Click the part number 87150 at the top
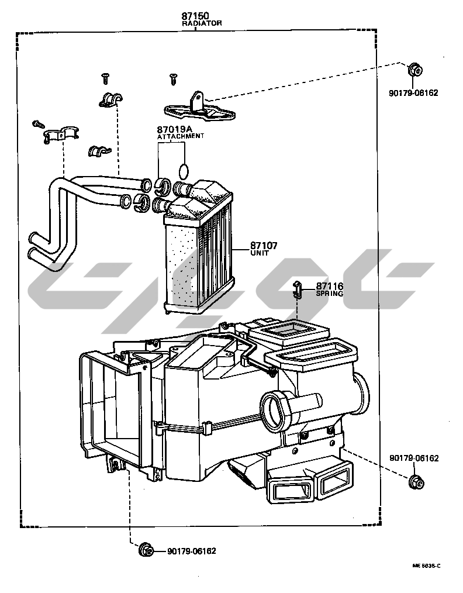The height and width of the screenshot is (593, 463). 195,16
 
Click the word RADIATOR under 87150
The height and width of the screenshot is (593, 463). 202,23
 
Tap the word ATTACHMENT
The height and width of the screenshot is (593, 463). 181,136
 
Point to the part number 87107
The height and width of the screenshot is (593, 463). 264,246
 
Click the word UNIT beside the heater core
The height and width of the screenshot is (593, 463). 260,253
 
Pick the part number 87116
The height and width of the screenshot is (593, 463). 330,287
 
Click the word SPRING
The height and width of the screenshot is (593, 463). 330,294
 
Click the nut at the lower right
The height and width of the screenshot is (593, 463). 416,482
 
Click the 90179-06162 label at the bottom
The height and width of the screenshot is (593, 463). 192,551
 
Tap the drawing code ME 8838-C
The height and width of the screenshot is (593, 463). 426,566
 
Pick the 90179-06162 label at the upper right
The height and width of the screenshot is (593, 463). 413,92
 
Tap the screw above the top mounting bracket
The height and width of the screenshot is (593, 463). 173,79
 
